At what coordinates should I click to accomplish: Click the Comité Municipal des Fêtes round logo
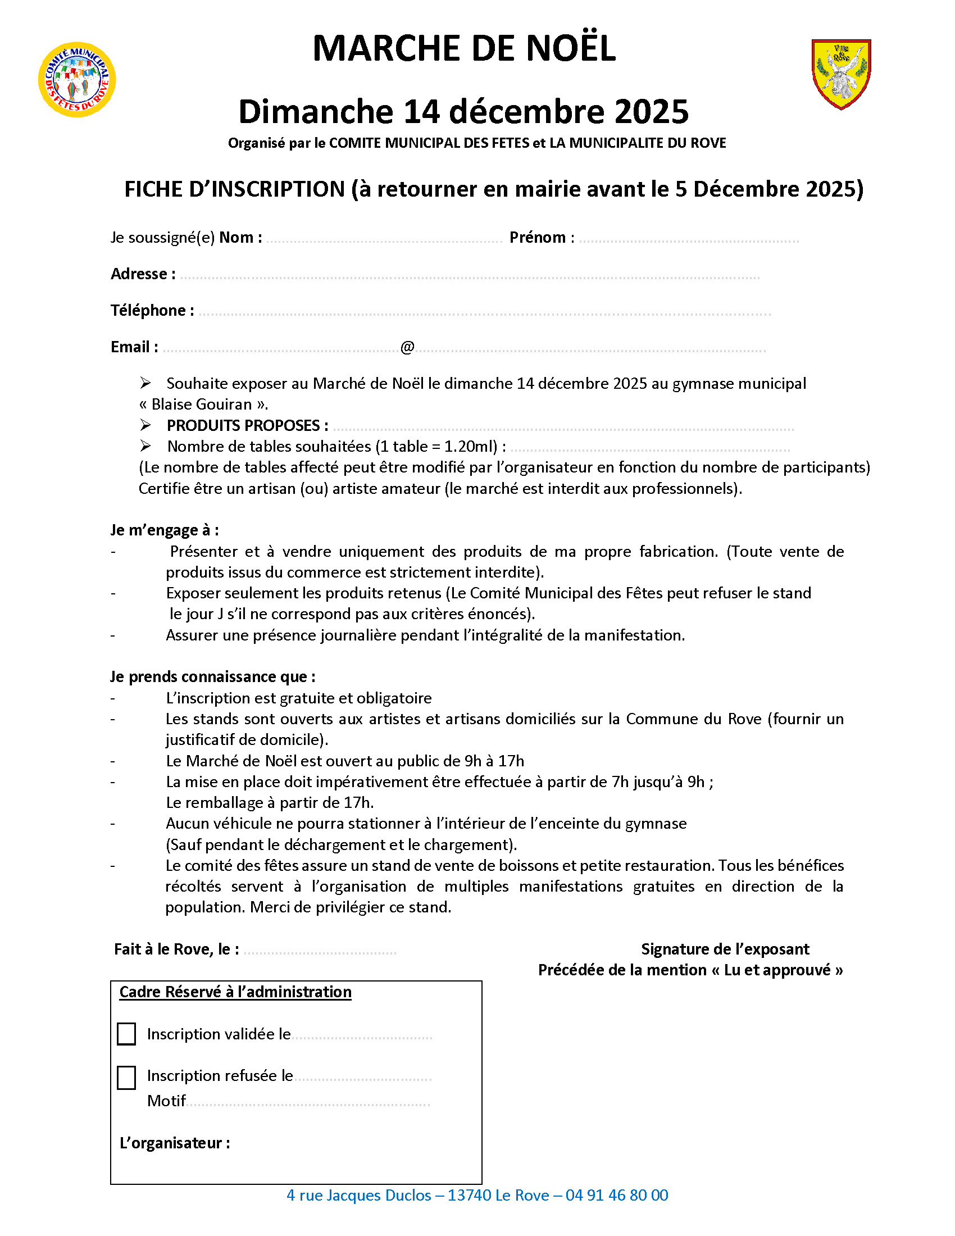(77, 80)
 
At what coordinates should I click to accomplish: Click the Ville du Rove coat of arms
(841, 74)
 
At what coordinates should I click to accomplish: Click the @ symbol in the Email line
(407, 347)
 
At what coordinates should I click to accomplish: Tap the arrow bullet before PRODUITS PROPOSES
(145, 425)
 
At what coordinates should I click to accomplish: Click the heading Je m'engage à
(164, 530)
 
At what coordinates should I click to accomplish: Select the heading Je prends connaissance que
(213, 677)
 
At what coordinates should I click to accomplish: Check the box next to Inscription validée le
(126, 1034)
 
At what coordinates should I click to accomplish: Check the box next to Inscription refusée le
(126, 1078)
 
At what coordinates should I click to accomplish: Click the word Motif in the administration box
(166, 1101)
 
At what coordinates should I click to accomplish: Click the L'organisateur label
(175, 1143)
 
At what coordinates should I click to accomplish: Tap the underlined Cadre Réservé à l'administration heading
(235, 992)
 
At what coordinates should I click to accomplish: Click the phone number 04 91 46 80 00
(617, 1194)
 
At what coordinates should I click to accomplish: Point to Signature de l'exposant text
(725, 949)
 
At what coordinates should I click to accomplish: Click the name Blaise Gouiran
(202, 404)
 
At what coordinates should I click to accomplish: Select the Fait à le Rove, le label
(176, 949)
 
